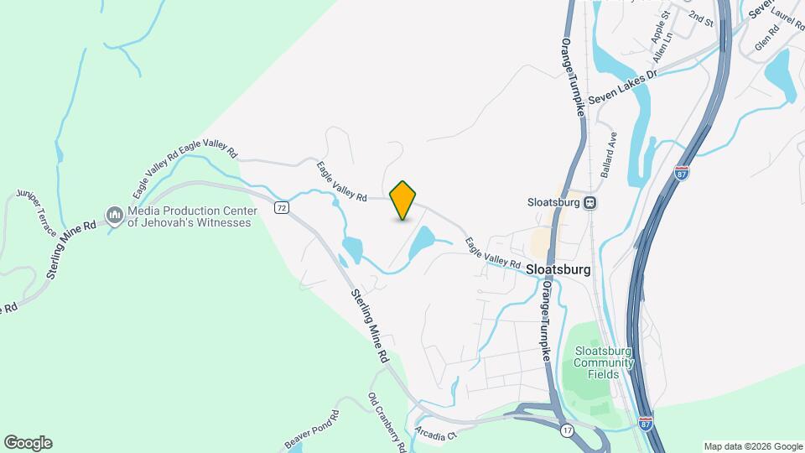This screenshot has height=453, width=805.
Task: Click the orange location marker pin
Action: click(403, 200)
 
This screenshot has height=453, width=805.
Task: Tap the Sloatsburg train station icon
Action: click(590, 202)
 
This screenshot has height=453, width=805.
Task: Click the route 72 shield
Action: click(282, 207)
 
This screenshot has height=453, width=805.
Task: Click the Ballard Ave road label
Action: click(608, 154)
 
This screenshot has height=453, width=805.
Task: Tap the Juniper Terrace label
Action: click(36, 213)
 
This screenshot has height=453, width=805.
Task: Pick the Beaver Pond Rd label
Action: click(310, 428)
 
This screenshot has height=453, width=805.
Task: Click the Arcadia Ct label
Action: click(434, 434)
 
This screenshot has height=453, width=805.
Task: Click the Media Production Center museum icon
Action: click(114, 217)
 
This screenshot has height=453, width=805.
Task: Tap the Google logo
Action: click(28, 443)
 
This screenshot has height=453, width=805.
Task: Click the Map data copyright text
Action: click(751, 446)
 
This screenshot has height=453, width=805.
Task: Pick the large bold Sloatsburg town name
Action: click(559, 270)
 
